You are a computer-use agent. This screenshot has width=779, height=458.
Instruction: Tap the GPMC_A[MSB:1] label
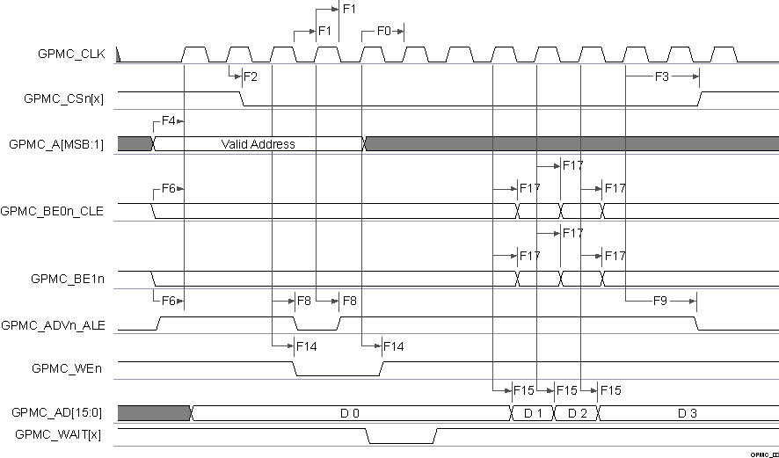click(x=55, y=144)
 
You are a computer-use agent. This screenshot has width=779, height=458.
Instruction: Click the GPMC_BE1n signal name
click(x=68, y=279)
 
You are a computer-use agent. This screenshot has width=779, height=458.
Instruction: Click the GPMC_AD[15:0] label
click(x=57, y=412)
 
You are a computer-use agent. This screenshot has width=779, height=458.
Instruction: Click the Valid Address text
click(x=258, y=144)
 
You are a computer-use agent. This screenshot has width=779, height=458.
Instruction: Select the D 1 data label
click(x=533, y=412)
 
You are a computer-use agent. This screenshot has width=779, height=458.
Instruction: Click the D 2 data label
click(x=577, y=412)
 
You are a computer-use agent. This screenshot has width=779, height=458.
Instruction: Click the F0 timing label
click(x=383, y=31)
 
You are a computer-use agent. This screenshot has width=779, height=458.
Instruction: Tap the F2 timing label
click(x=251, y=76)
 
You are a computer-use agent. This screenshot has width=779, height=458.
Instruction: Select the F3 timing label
click(x=662, y=76)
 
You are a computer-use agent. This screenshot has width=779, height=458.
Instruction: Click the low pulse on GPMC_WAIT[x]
click(x=401, y=443)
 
